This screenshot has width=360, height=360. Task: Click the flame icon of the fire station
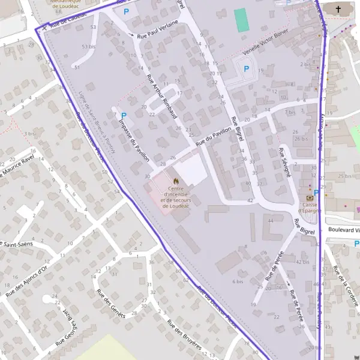click(x=176, y=180)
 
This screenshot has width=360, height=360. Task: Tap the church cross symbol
click(x=339, y=9)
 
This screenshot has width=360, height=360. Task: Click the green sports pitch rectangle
click(x=241, y=20)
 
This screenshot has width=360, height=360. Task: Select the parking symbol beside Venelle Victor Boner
click(x=246, y=68)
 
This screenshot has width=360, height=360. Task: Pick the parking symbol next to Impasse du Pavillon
click(x=124, y=115)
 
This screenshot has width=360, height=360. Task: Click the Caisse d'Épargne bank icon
click(x=310, y=197)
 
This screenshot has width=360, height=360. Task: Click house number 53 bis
click(x=88, y=46)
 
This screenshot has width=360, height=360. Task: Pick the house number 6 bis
click(x=238, y=281)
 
